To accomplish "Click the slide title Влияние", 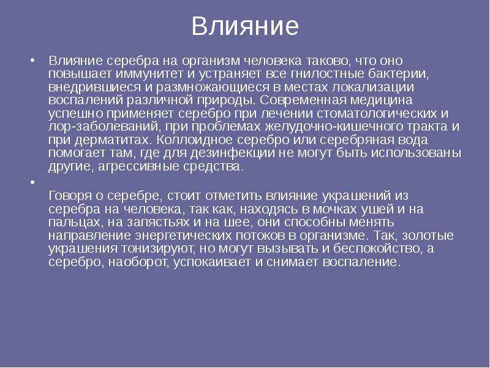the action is [245, 26].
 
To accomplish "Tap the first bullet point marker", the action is [32, 60].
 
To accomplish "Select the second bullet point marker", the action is [32, 182].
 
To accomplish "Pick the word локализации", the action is [373, 87].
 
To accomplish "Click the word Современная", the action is [303, 101].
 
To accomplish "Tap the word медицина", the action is [381, 101].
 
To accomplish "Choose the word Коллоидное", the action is [194, 140].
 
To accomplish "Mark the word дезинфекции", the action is [233, 153].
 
